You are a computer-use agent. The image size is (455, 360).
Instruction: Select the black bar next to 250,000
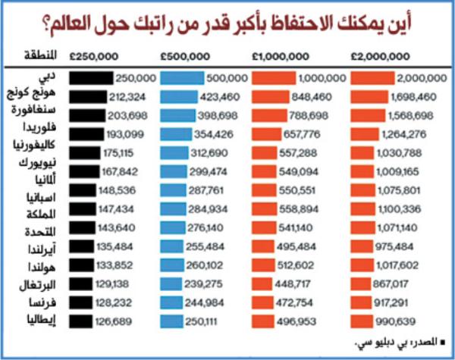pyautogui.click(x=90, y=77)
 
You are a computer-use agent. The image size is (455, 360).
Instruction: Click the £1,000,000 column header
pyautogui.click(x=280, y=55)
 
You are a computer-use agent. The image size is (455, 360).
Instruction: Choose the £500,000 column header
pyautogui.click(x=184, y=55)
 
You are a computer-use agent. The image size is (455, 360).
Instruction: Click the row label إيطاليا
pyautogui.click(x=42, y=321)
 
